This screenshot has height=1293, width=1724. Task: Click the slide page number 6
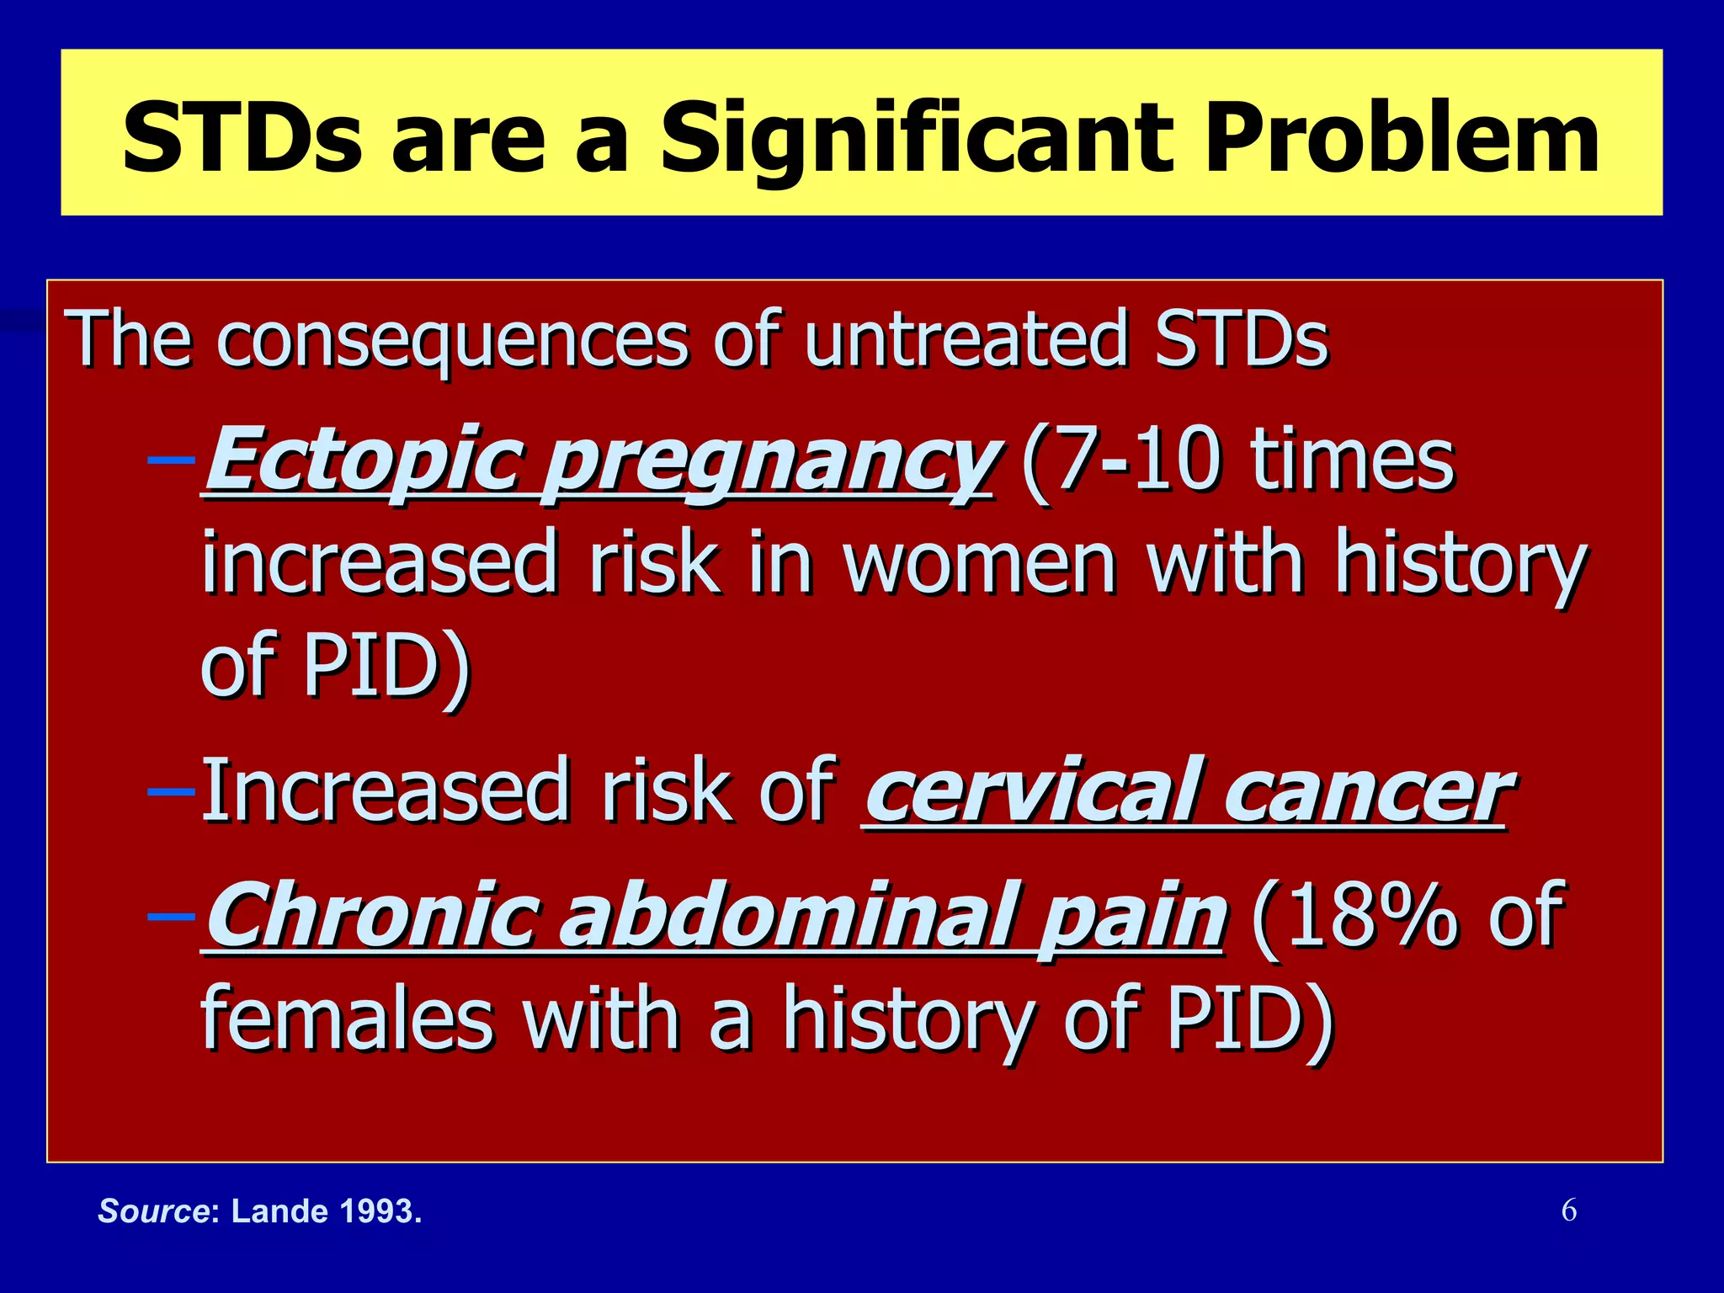coord(1568,1211)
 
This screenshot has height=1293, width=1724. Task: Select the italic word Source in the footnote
coord(153,1211)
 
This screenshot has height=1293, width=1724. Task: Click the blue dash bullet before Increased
coord(171,791)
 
